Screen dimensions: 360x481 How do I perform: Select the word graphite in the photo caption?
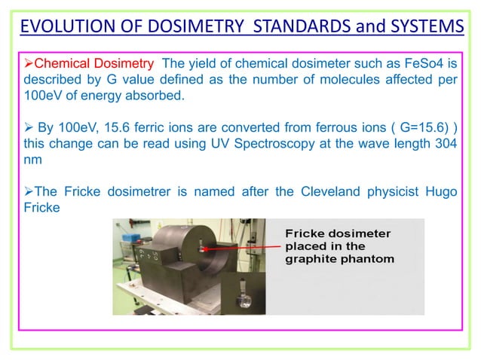pos(310,259)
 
